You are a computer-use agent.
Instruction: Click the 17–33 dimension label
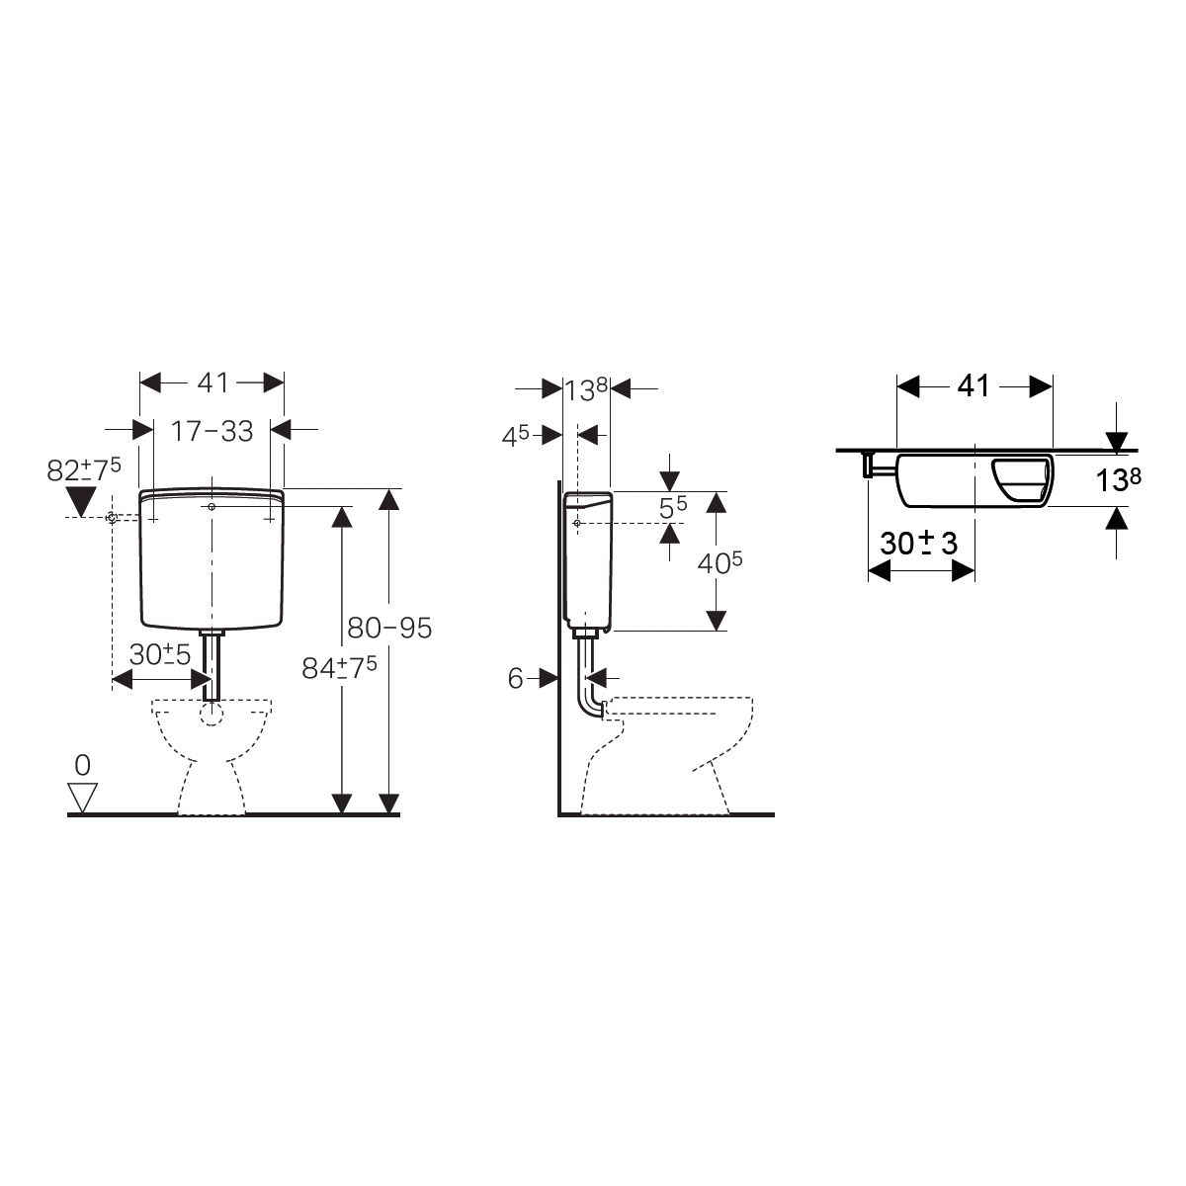(x=212, y=432)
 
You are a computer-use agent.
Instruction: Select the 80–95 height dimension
(x=389, y=628)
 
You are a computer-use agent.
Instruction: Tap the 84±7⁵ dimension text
(x=339, y=667)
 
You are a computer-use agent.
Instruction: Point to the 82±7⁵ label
(x=84, y=469)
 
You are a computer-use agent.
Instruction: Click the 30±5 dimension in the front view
(x=160, y=655)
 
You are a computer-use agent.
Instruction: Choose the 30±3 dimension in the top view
(x=919, y=544)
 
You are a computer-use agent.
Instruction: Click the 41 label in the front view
(x=212, y=382)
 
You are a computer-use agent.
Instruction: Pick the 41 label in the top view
(x=974, y=385)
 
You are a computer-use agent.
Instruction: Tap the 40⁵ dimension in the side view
(x=720, y=562)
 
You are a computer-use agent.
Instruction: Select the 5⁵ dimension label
(x=673, y=507)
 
